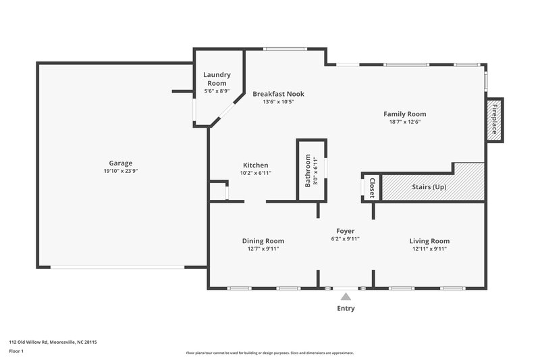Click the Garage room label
point(121,163)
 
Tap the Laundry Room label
point(217,79)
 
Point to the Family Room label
point(404,114)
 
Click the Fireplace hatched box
point(494,120)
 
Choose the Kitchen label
point(256,165)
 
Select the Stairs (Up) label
point(429,187)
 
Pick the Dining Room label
point(263,240)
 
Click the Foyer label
point(346,231)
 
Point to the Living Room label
point(429,240)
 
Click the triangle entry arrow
point(346,296)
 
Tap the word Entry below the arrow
point(346,309)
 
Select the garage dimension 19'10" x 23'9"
point(121,171)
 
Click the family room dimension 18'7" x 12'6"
point(404,122)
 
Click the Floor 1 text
point(17,352)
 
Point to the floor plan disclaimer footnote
point(270,353)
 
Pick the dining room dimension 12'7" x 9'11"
point(263,249)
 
